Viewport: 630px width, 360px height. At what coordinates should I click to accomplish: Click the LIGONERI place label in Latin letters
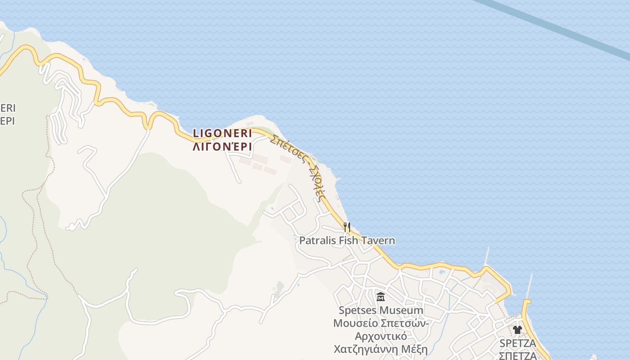click(x=222, y=133)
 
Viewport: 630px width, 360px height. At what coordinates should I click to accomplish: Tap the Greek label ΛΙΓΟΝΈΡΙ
click(x=222, y=147)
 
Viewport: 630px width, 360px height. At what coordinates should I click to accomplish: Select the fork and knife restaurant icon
click(x=346, y=227)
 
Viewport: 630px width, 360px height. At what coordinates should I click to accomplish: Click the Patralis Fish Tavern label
click(x=347, y=241)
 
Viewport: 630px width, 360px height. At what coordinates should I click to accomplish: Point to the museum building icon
click(x=381, y=297)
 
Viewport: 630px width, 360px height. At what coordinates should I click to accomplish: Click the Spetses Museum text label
click(x=381, y=310)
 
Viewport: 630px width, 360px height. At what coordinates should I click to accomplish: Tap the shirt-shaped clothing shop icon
click(x=517, y=330)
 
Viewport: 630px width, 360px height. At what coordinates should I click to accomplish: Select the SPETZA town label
click(x=517, y=343)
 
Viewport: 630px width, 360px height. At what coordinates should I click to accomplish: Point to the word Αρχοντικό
click(x=381, y=337)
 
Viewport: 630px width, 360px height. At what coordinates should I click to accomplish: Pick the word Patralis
click(x=318, y=241)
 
